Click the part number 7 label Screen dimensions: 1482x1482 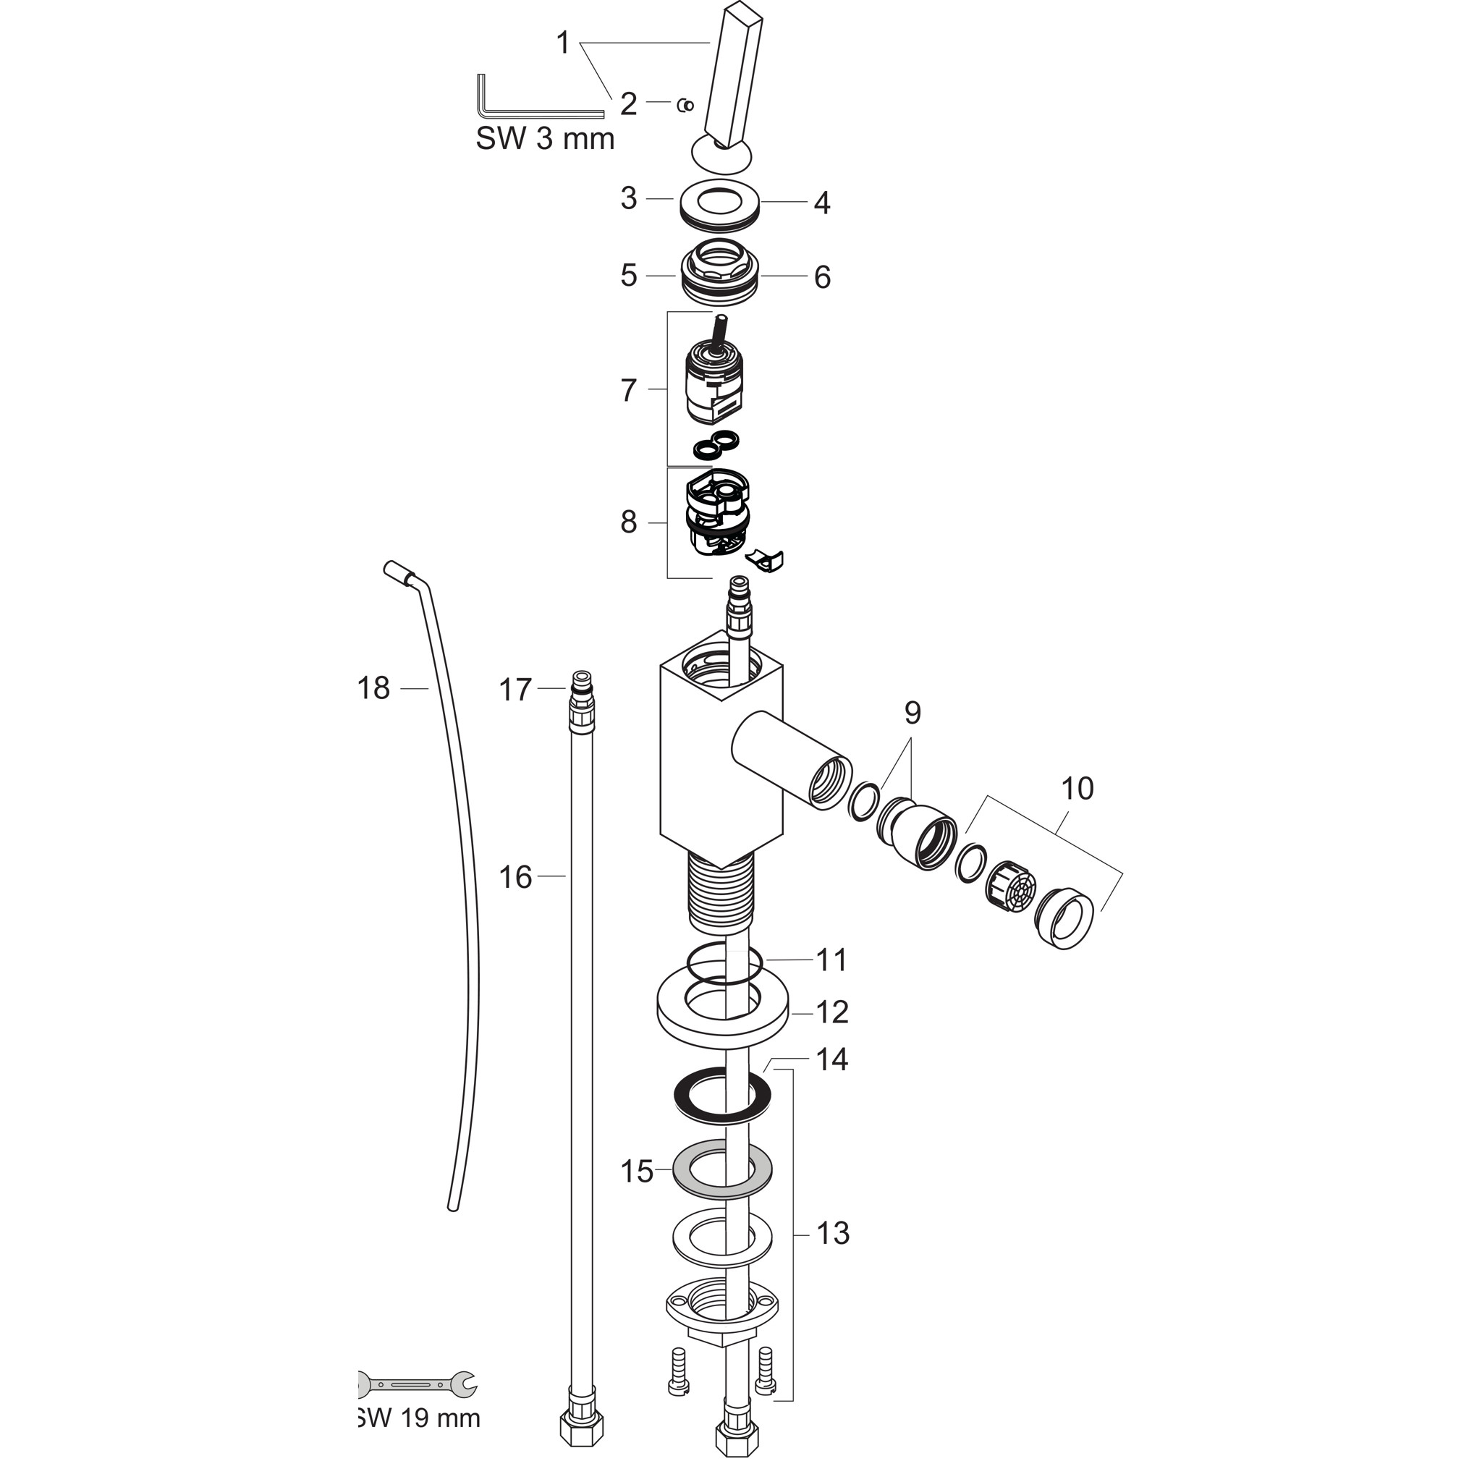(x=629, y=391)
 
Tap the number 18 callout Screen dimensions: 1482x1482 (x=373, y=688)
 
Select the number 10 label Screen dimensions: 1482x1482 (x=1077, y=788)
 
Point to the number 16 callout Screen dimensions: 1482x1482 (x=515, y=877)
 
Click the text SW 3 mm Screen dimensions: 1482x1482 (x=546, y=139)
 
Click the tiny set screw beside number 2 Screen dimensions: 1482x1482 (x=686, y=105)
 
